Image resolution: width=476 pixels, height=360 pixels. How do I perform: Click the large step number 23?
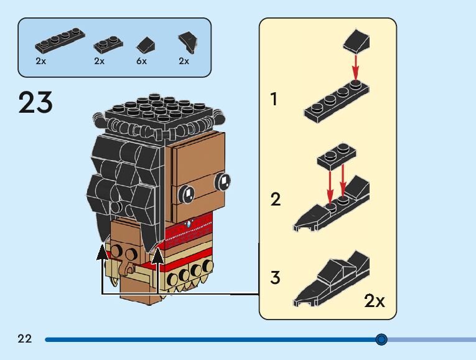(35, 102)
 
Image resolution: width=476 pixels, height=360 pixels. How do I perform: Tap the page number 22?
(25, 338)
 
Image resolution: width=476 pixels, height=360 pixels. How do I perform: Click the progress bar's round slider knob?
(381, 339)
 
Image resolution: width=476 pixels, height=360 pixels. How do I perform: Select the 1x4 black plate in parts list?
(60, 40)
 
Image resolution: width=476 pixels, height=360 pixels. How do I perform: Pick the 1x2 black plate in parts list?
(108, 44)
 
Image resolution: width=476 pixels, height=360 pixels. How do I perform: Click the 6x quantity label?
(141, 61)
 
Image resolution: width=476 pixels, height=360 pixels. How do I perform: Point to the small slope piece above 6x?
(146, 45)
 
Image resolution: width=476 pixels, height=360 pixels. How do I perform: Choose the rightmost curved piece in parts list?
(188, 42)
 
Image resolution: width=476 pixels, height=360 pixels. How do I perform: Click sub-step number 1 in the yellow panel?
(274, 99)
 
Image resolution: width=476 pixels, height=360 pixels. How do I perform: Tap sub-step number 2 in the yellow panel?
(276, 199)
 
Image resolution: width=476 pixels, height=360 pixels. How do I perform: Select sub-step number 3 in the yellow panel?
(276, 278)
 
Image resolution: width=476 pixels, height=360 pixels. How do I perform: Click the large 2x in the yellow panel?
(375, 301)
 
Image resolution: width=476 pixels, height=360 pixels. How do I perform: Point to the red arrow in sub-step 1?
(355, 67)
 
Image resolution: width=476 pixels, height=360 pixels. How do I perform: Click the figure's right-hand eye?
(223, 181)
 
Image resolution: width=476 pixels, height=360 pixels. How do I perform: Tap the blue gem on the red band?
(189, 224)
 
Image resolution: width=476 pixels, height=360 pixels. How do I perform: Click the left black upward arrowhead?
(102, 252)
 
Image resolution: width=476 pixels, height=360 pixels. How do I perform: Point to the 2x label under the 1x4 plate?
(40, 61)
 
